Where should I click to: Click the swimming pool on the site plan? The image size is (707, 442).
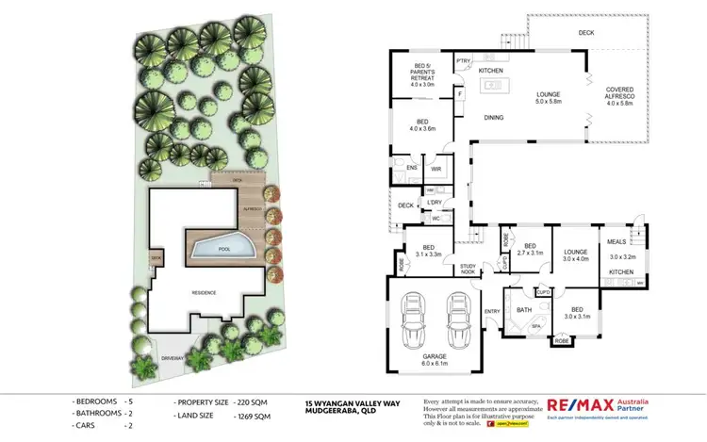[223, 249]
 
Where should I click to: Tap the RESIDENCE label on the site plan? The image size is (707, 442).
[204, 292]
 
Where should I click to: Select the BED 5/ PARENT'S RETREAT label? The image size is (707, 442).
[421, 74]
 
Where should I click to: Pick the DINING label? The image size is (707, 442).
[493, 118]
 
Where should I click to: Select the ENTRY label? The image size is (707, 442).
[492, 311]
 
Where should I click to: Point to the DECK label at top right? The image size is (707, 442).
[584, 33]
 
